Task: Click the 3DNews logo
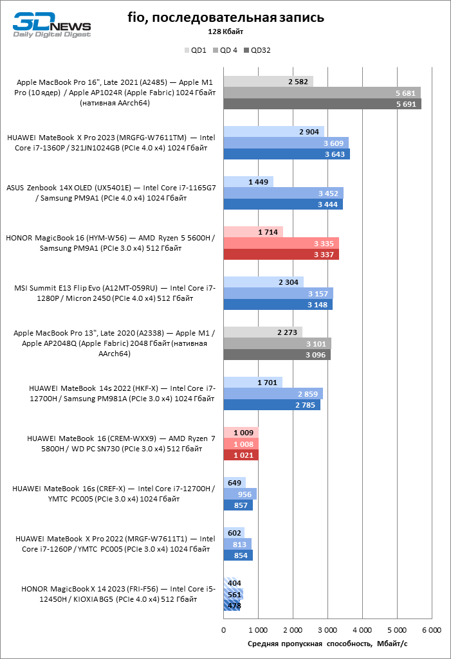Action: click(51, 25)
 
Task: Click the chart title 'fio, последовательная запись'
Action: click(225, 17)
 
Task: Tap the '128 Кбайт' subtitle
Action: click(225, 32)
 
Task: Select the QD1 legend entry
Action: click(195, 50)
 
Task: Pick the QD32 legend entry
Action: click(257, 50)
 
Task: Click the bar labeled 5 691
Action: click(322, 104)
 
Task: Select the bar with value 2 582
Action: click(268, 82)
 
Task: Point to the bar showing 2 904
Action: click(274, 132)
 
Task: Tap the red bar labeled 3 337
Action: click(281, 254)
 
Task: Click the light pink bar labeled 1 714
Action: click(253, 232)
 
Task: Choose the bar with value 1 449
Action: click(248, 182)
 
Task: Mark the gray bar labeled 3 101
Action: click(277, 344)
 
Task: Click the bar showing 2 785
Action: click(272, 405)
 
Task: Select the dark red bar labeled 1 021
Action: click(241, 455)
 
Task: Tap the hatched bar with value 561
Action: click(234, 595)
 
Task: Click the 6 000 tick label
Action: click(432, 630)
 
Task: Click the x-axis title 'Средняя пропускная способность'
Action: click(310, 644)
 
